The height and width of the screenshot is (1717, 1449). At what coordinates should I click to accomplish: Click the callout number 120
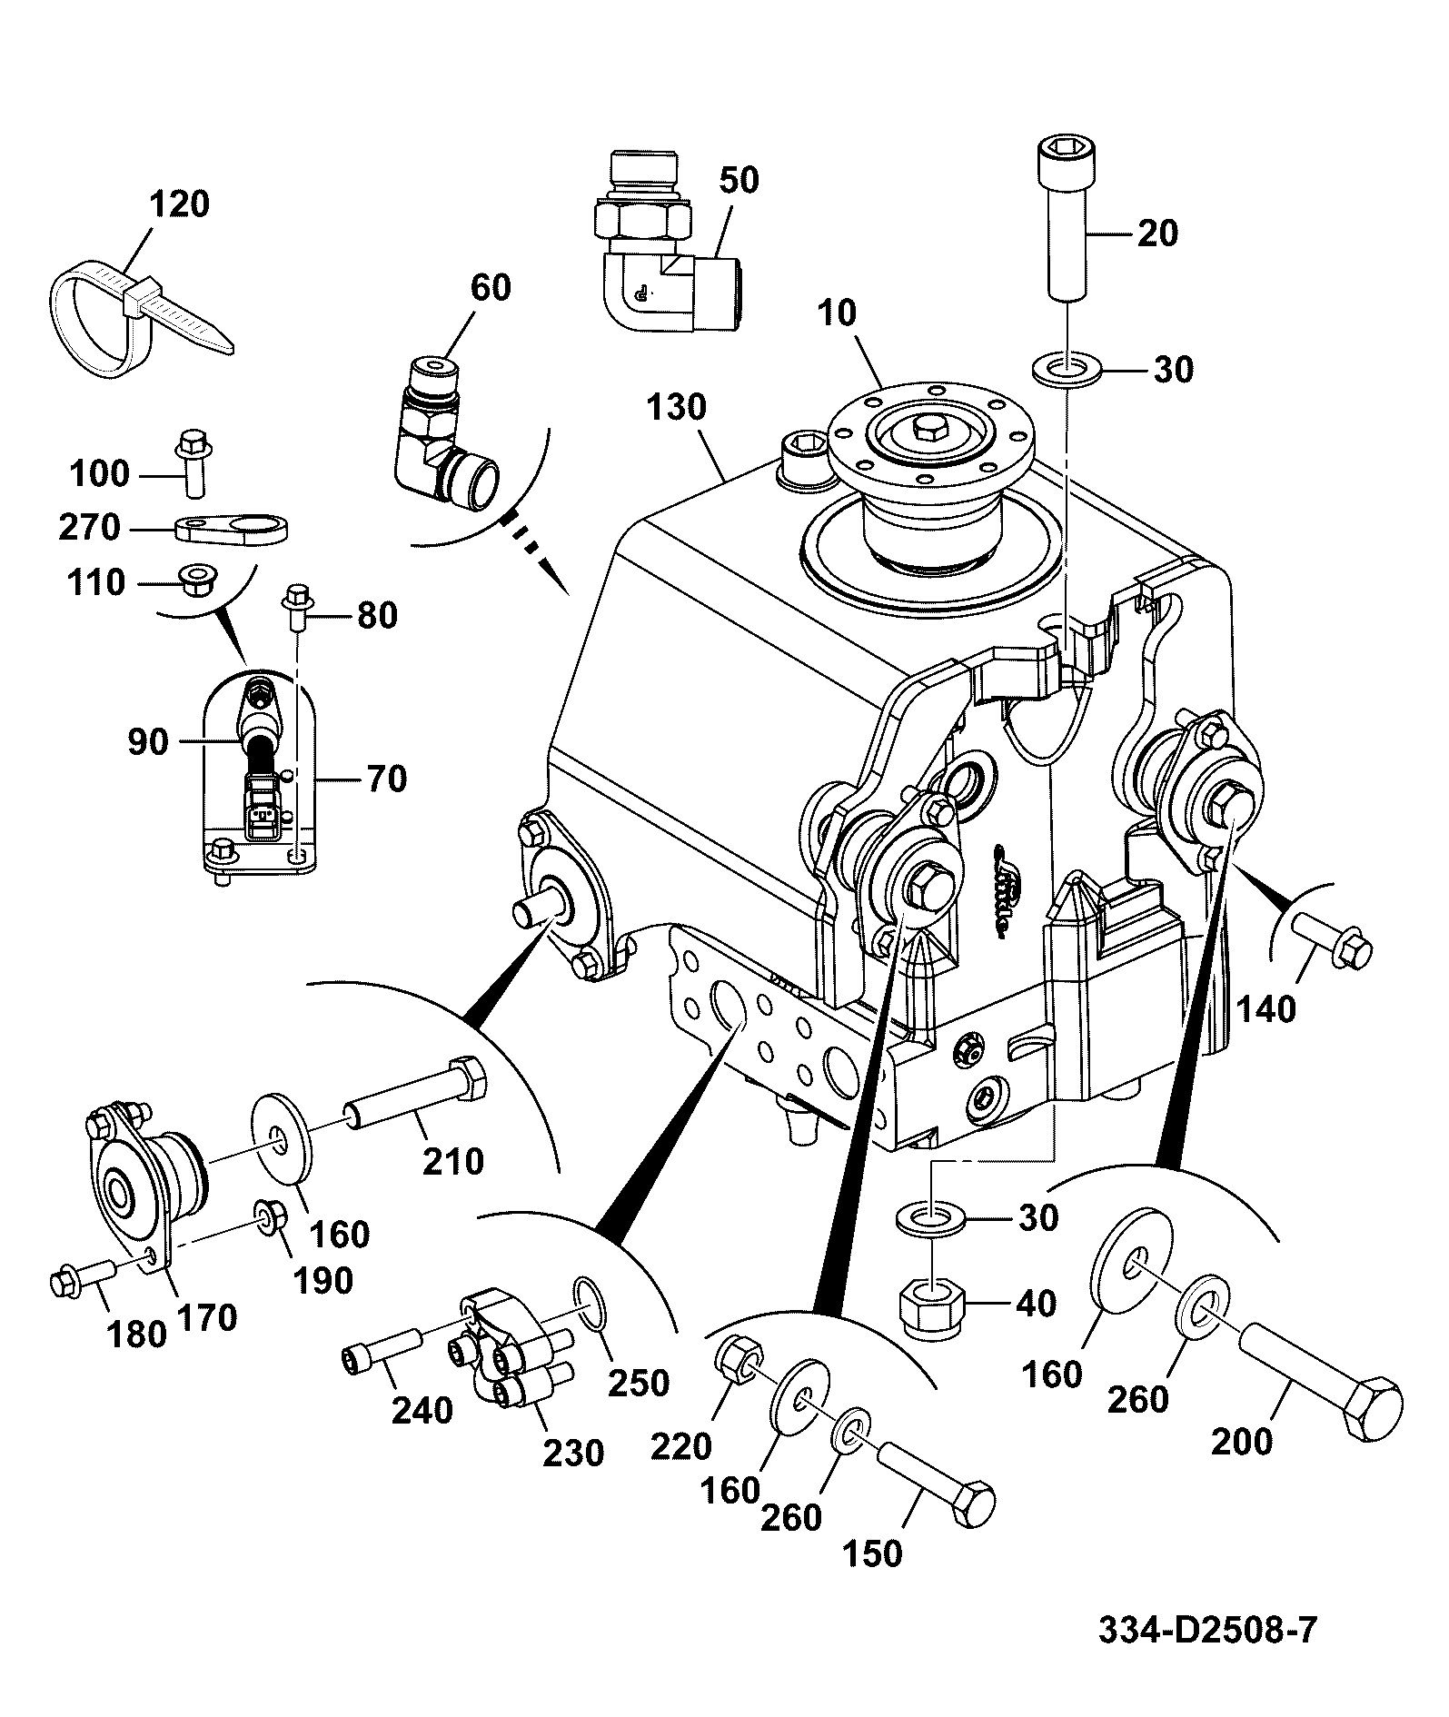(180, 204)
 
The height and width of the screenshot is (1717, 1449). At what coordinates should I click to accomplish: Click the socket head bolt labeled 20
(1067, 218)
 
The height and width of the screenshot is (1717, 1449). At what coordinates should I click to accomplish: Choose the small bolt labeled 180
(80, 1278)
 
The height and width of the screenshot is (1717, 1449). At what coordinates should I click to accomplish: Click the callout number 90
(148, 742)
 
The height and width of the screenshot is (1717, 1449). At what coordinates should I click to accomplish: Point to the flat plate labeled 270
(231, 528)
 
